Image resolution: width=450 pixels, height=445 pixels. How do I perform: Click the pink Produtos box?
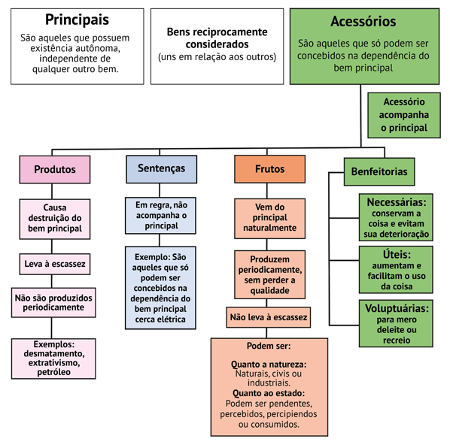pos(55,169)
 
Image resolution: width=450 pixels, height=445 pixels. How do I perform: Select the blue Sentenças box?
pos(162,169)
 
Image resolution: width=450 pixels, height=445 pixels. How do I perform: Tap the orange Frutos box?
pos(269,169)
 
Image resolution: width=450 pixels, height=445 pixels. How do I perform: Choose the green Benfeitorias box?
pos(379,171)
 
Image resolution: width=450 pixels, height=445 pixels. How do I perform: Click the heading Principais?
pos(78,20)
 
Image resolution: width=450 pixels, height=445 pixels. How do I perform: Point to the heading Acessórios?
pos(363,22)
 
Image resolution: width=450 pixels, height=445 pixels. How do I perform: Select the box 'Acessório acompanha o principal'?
pos(404,115)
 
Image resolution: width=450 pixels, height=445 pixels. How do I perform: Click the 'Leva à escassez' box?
pos(55,264)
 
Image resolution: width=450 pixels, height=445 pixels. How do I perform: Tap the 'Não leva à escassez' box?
pos(269,317)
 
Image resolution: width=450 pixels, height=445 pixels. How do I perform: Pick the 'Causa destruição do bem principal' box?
pos(55,219)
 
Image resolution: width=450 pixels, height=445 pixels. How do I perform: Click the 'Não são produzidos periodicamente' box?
pos(53,302)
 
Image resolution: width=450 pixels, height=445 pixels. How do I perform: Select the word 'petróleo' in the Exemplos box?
pos(53,372)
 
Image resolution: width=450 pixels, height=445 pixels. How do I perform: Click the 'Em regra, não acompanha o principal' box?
pos(161,216)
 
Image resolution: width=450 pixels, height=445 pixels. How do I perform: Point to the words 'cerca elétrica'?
pos(160,319)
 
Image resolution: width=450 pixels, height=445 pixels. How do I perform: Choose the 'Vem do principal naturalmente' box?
pos(269,219)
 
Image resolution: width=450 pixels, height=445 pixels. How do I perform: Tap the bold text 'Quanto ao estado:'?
pos(269,393)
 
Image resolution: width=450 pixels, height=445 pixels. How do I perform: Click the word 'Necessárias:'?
pos(397,202)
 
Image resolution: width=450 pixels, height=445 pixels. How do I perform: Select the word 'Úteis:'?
pos(397,255)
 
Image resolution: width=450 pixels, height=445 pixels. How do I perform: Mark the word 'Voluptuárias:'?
pos(397,308)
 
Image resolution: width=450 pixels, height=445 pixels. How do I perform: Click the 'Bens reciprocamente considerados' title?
pos(217,38)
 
